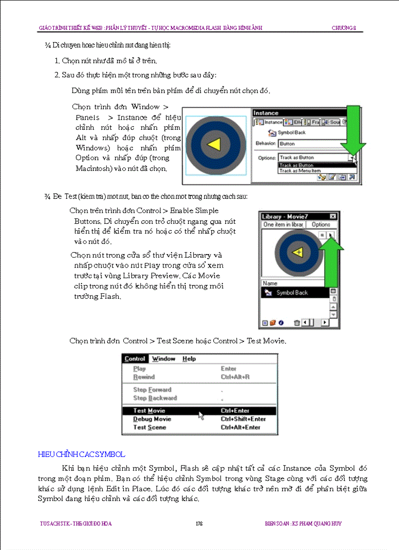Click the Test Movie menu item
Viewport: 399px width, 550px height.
(x=150, y=411)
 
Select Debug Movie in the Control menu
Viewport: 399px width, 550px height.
(x=152, y=419)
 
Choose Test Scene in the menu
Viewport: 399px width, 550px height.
(x=150, y=428)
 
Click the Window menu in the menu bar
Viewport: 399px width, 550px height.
(x=163, y=359)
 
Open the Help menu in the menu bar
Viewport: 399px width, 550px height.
(x=189, y=359)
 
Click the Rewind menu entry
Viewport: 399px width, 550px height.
(x=144, y=377)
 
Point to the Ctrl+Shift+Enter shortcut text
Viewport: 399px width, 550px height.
(x=243, y=419)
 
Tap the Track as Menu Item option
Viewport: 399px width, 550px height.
(x=299, y=171)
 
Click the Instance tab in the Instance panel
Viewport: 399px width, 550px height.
(x=268, y=122)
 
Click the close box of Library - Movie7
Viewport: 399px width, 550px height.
(x=333, y=216)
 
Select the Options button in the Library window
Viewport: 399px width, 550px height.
(x=321, y=224)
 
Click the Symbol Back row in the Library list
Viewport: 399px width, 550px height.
(x=292, y=292)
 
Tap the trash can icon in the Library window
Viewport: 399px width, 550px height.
(x=296, y=323)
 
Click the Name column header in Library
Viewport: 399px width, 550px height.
(x=270, y=283)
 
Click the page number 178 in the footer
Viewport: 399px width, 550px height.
(x=199, y=524)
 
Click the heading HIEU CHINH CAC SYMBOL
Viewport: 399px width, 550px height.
(x=81, y=454)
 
